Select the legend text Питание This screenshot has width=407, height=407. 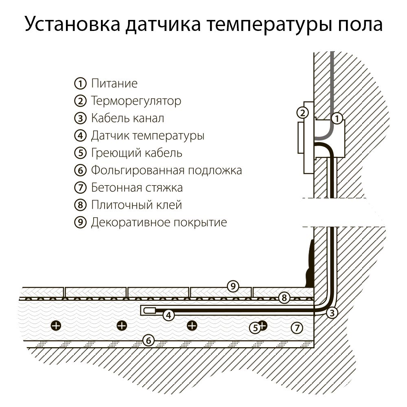pos(114,84)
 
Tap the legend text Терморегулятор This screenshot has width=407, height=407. pos(136,101)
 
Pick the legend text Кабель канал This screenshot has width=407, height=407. pos(127,118)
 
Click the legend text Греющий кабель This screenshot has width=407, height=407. pos(136,153)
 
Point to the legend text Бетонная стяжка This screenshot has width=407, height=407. pos(137,188)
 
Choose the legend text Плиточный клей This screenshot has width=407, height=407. pos(136,205)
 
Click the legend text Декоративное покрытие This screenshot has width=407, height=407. pos(159,223)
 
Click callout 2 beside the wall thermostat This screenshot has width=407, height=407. pos(302,113)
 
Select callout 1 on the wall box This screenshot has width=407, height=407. pos(337,119)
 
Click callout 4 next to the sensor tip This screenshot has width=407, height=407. pos(168,315)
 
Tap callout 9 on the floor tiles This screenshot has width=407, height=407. pos(233,286)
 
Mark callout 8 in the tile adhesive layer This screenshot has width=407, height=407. pos(284,298)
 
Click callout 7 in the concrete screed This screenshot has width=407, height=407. pos(297,327)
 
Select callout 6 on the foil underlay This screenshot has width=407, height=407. pos(149,340)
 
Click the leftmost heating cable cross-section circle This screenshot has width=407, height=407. pos(56,325)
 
